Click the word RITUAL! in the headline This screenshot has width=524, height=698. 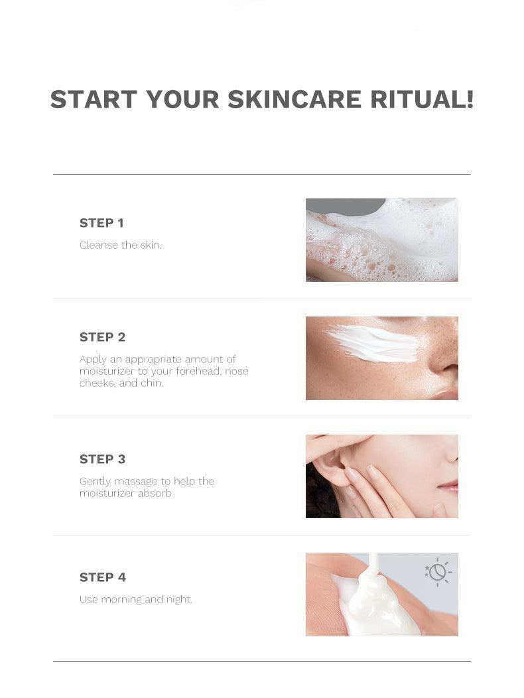(422, 99)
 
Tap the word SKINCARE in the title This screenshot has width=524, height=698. (295, 99)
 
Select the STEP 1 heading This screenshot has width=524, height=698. (101, 223)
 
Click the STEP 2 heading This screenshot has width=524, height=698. (102, 337)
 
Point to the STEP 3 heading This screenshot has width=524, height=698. (102, 459)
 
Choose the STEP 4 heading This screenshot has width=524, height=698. (103, 577)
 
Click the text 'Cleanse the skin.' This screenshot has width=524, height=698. (121, 245)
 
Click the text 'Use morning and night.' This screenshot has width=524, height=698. (136, 599)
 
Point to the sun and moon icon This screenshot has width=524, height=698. (438, 571)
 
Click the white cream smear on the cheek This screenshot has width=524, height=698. (373, 344)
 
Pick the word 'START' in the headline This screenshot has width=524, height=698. (94, 99)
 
